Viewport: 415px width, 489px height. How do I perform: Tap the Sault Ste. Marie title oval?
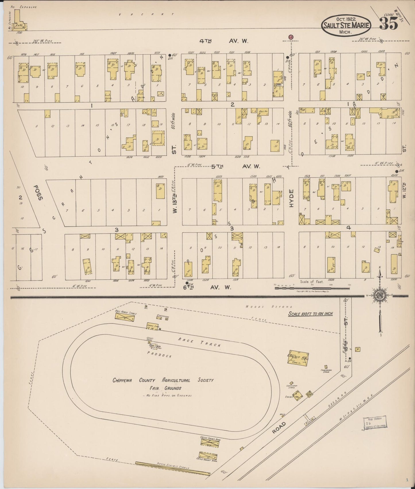point(346,25)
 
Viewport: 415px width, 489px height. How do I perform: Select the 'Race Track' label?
point(199,342)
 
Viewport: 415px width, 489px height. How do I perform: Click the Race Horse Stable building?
point(125,317)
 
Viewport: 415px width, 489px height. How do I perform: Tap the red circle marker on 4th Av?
point(291,37)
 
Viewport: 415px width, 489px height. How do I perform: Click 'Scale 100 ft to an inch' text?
point(310,314)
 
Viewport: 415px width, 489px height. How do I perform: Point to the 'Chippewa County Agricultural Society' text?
point(163,380)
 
